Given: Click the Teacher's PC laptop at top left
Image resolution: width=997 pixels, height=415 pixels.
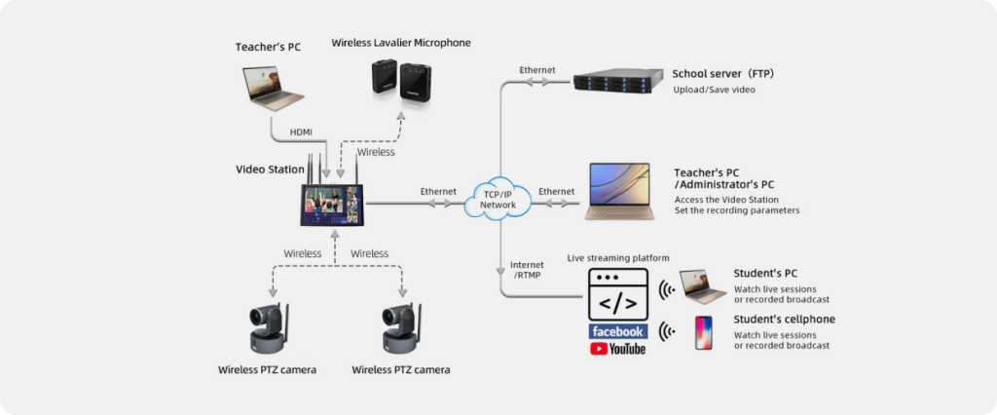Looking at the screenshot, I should click(x=274, y=88).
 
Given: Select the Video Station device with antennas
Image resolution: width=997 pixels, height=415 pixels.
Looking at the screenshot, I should click(x=331, y=202).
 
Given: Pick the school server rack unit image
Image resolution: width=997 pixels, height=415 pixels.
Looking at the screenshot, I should click(x=616, y=80).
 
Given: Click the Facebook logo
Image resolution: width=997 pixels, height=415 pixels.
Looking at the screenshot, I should click(x=618, y=331).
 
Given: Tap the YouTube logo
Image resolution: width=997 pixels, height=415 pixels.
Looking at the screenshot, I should click(x=618, y=349).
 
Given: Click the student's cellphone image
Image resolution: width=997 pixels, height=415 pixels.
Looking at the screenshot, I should click(x=703, y=331).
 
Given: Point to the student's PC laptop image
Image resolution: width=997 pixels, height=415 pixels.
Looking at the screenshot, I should click(x=703, y=286).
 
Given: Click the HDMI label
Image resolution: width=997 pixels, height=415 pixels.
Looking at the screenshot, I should click(x=301, y=132).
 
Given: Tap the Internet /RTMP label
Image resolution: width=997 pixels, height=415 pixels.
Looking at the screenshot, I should click(x=527, y=270).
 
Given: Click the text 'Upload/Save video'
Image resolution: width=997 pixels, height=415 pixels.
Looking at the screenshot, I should click(x=714, y=90).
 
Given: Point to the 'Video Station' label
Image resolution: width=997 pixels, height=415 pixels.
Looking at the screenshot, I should click(x=270, y=170).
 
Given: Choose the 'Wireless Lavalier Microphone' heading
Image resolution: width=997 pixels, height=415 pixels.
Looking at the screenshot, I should click(x=400, y=43).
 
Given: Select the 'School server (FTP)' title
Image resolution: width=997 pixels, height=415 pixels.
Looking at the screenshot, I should click(x=722, y=73).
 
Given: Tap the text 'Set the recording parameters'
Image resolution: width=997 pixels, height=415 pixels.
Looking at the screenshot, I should click(x=737, y=210).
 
